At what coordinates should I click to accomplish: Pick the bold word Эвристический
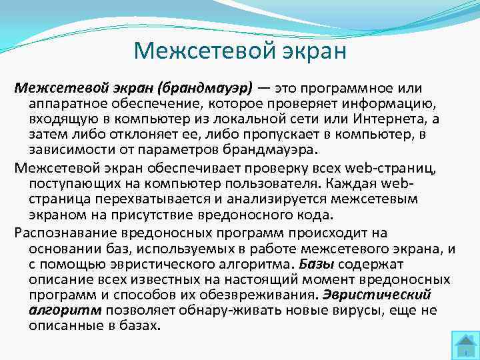coord(377,293)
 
